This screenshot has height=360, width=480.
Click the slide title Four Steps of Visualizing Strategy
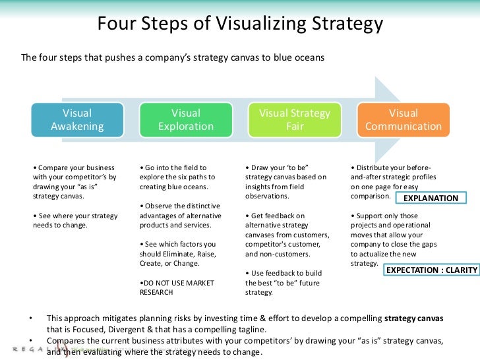(x=240, y=24)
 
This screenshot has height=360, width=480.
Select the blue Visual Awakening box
(x=77, y=120)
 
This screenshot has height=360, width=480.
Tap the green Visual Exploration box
(x=186, y=120)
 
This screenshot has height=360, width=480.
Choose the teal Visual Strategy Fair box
(x=295, y=120)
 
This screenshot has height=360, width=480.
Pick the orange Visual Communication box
(x=404, y=120)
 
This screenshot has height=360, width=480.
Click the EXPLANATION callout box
(x=430, y=198)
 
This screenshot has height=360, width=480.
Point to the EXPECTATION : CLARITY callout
(x=430, y=270)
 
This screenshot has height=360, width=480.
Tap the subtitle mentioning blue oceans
(x=173, y=57)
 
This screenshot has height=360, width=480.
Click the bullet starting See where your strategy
(x=75, y=220)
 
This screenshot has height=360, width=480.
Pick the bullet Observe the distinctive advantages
(x=181, y=216)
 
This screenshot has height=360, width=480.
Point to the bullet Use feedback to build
(x=282, y=283)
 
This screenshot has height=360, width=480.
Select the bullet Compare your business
(x=75, y=181)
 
